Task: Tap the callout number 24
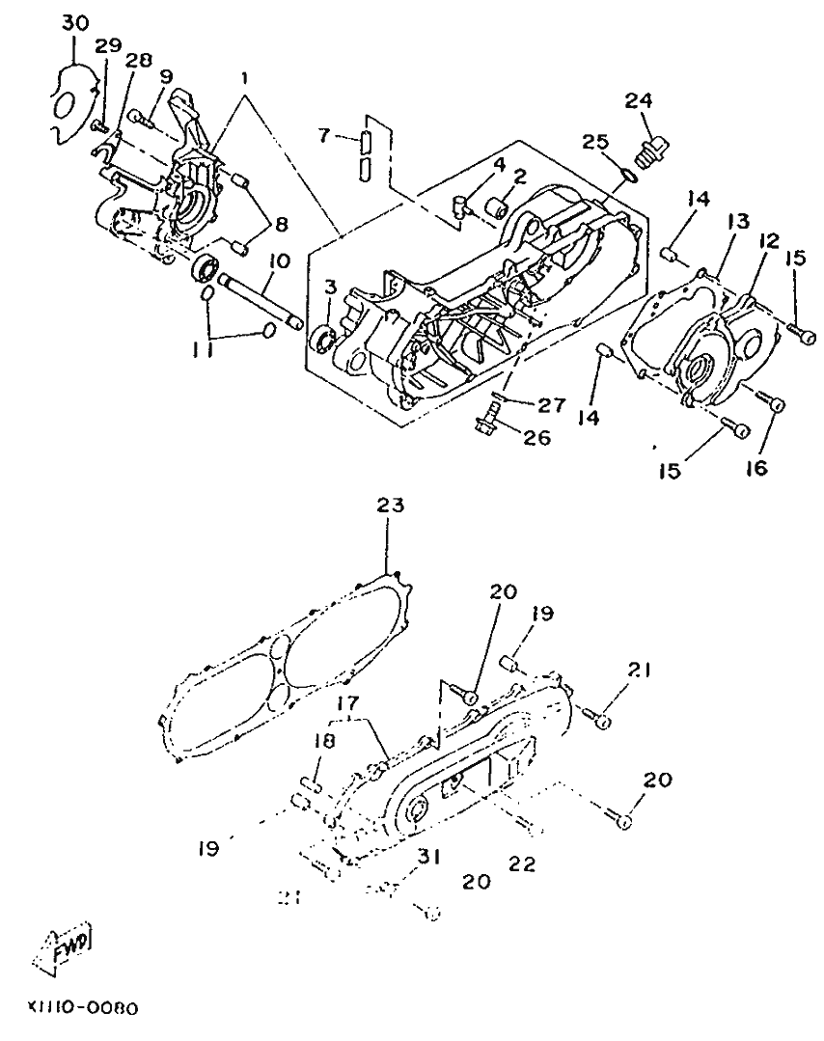pyautogui.click(x=638, y=99)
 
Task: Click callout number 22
pyautogui.click(x=524, y=864)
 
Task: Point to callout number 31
pyautogui.click(x=429, y=855)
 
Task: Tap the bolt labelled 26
pyautogui.click(x=487, y=419)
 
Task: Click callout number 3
pyautogui.click(x=332, y=288)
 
